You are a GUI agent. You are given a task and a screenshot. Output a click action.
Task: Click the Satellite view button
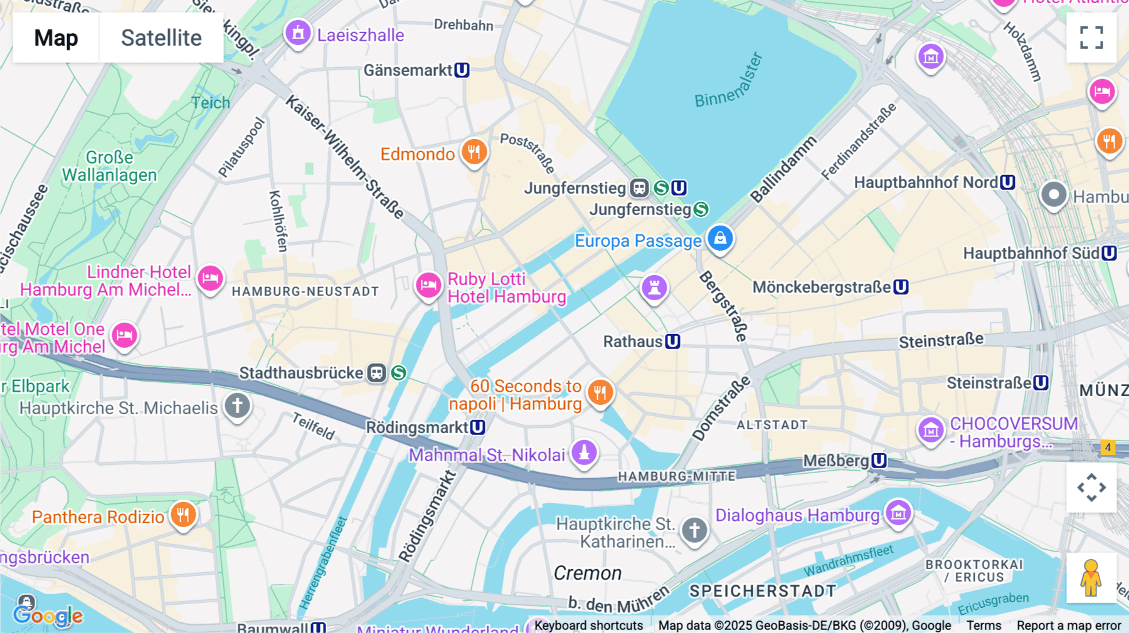(x=161, y=38)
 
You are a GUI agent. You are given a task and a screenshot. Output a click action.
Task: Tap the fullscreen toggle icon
(x=1091, y=38)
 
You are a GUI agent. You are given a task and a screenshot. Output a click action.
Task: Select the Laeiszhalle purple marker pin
(x=298, y=33)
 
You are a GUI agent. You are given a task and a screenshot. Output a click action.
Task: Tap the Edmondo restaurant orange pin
(x=474, y=152)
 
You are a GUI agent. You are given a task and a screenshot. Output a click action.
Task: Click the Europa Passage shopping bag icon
(x=720, y=239)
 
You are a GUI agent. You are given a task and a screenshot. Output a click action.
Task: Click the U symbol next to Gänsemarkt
(x=462, y=70)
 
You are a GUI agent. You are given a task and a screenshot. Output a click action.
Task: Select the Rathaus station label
(x=633, y=342)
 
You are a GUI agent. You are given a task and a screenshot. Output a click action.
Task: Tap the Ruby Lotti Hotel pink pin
(x=428, y=286)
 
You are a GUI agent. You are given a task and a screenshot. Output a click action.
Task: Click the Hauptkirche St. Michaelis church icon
(x=237, y=406)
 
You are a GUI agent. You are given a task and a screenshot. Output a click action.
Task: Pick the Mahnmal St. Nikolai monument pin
(x=584, y=453)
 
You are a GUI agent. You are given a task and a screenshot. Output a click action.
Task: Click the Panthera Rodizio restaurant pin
(x=183, y=515)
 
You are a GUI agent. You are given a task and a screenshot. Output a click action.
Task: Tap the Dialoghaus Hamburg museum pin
(x=898, y=513)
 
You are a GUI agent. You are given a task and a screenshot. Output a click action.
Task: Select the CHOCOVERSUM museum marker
(x=931, y=431)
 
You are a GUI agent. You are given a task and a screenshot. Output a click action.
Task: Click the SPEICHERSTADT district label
(x=763, y=591)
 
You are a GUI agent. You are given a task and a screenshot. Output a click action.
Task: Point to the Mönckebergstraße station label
(x=822, y=287)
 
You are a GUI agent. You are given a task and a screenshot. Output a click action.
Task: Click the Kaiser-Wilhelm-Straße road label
(x=344, y=156)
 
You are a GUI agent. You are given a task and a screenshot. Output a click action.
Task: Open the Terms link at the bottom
(x=983, y=625)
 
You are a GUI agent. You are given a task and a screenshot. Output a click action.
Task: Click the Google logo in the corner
(x=48, y=615)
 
